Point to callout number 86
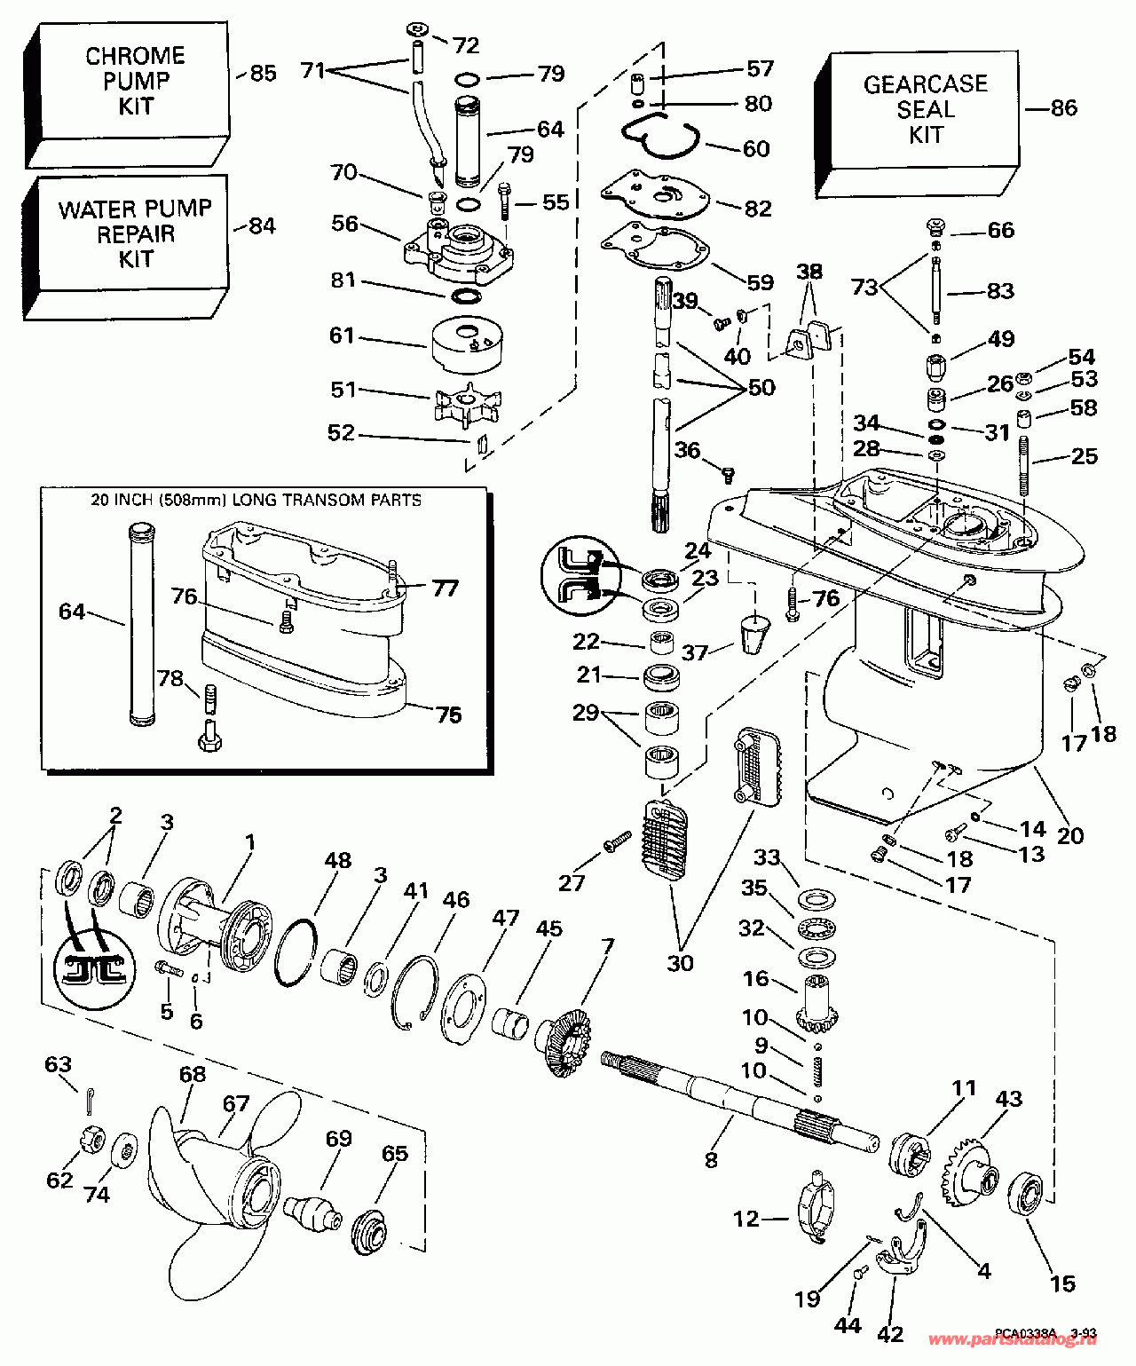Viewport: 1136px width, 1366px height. [1063, 108]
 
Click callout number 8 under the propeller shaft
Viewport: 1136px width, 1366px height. [711, 1158]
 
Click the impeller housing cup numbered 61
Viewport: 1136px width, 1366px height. [465, 346]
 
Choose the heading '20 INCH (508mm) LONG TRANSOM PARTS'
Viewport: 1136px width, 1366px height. [256, 501]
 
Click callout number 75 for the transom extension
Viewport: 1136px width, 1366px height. [449, 715]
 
